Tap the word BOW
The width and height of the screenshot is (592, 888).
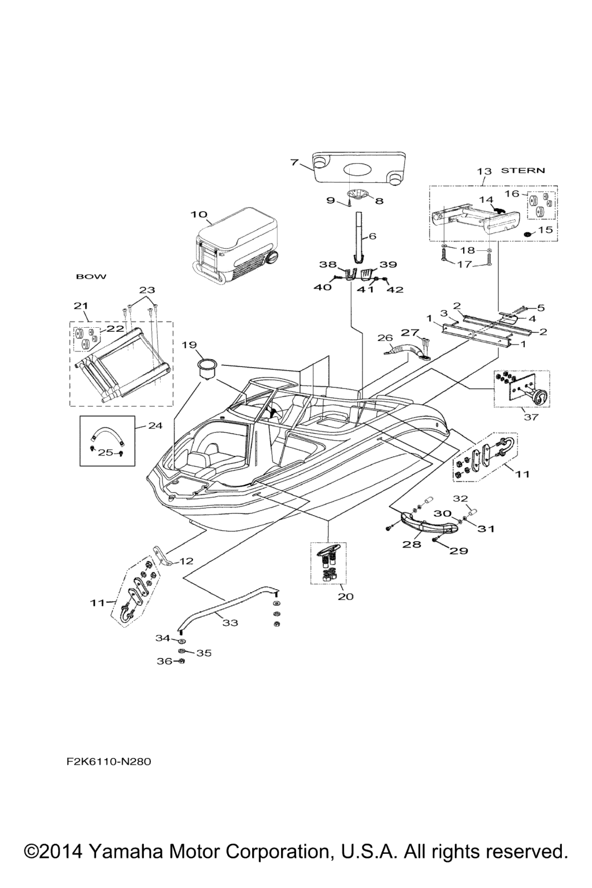tap(91, 277)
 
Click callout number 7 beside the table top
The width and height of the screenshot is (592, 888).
tap(294, 162)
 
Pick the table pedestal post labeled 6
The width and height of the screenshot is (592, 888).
tap(359, 236)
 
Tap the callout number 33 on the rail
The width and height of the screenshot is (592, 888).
tap(230, 623)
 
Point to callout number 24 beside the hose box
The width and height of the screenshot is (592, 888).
tap(155, 425)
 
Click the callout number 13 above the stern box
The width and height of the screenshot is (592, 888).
tap(484, 171)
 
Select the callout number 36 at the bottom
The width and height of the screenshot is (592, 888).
tap(163, 661)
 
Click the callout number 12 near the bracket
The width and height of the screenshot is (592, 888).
tap(186, 561)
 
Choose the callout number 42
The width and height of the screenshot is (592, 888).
tap(396, 290)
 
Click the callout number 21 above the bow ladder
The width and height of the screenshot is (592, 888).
tap(81, 306)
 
